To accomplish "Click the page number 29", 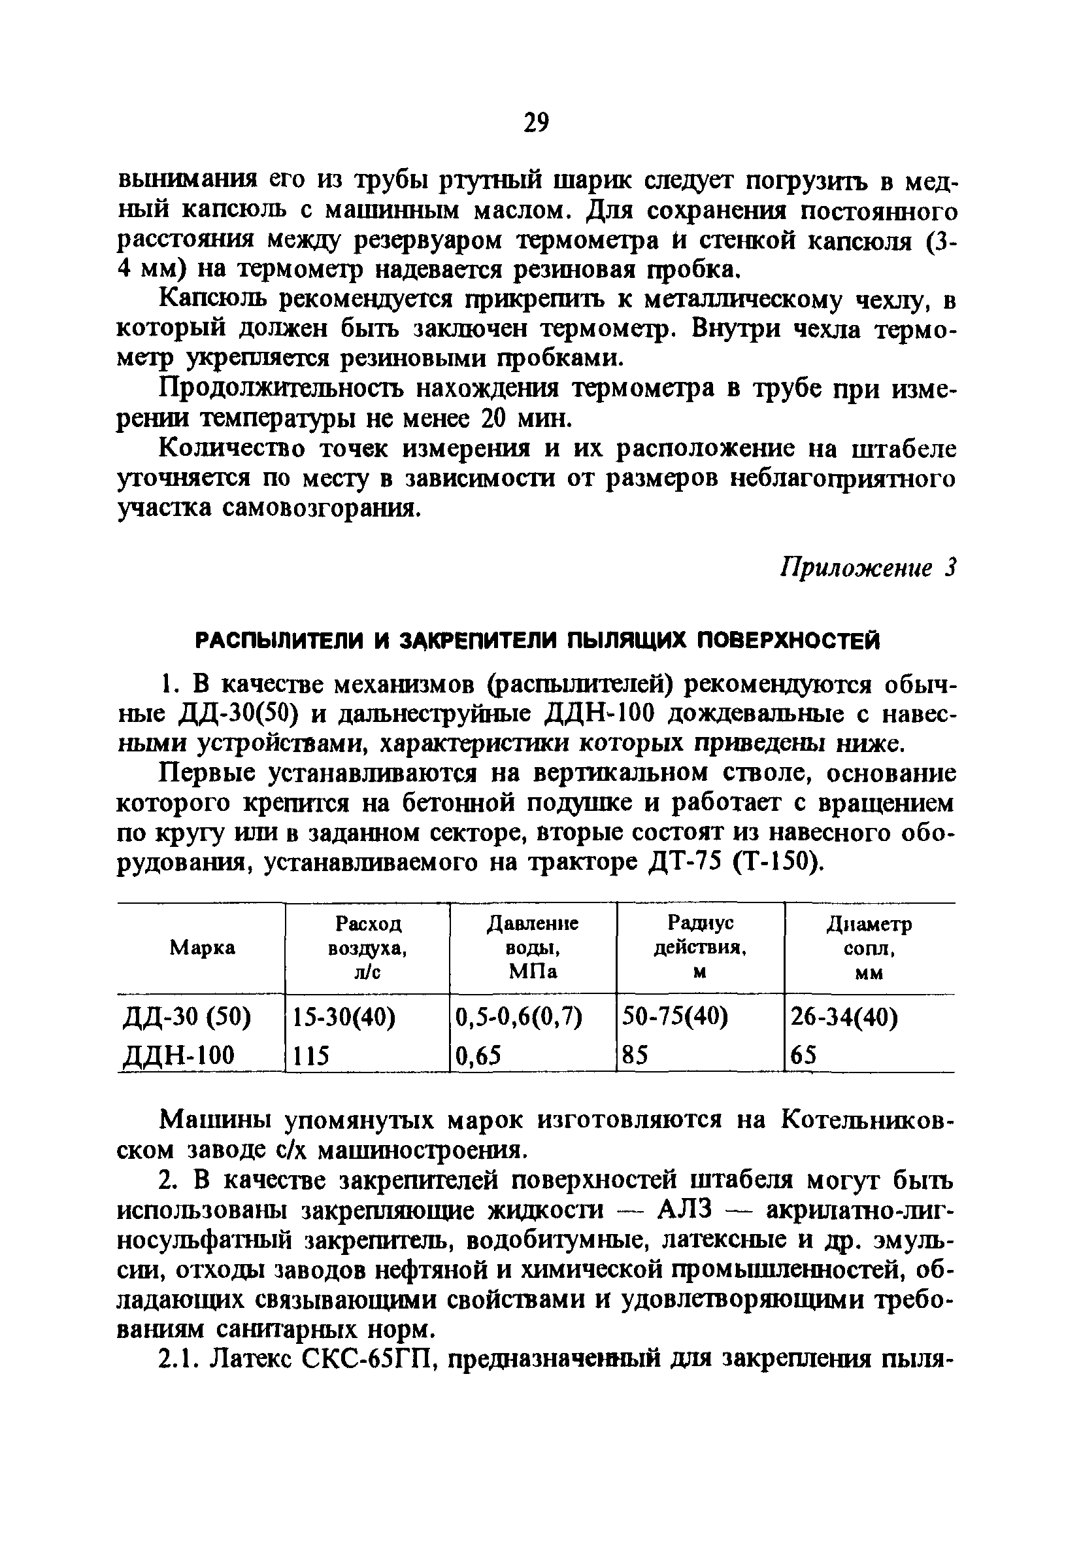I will (536, 123).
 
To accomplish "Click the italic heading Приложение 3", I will (867, 569).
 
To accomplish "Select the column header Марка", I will (202, 948).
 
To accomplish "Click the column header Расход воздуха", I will (368, 948).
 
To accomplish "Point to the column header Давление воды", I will (533, 948).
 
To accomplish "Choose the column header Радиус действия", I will (701, 948).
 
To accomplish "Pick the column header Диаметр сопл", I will (869, 948).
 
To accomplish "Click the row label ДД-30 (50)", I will (188, 1019).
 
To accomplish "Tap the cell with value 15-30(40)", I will (343, 1019).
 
